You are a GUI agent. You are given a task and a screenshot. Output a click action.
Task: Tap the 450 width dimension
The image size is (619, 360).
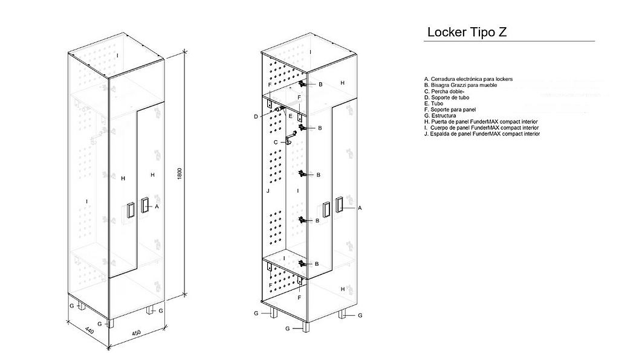pyautogui.click(x=137, y=334)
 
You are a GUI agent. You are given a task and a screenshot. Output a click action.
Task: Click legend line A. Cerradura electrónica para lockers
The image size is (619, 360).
pyautogui.click(x=468, y=79)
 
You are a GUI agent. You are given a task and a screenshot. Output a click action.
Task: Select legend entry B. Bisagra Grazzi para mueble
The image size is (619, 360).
pyautogui.click(x=461, y=85)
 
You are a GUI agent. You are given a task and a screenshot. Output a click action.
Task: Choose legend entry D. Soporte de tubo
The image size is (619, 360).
pyautogui.click(x=447, y=97)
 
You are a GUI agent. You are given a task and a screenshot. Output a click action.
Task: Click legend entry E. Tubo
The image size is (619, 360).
pyautogui.click(x=435, y=103)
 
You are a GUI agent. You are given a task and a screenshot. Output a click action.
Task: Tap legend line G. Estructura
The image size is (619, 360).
pyautogui.click(x=441, y=115)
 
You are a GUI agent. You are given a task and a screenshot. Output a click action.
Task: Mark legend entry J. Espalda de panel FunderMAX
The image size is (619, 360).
pyautogui.click(x=482, y=133)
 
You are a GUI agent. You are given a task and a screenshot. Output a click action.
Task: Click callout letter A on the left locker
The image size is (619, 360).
pyautogui.click(x=157, y=206)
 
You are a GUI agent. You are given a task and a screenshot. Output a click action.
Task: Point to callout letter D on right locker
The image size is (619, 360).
pyautogui.click(x=256, y=116)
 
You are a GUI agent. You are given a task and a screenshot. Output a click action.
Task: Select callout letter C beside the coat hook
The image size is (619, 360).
pyautogui.click(x=276, y=142)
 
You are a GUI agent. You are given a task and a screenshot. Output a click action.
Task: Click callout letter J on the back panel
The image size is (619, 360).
pyautogui.click(x=267, y=191)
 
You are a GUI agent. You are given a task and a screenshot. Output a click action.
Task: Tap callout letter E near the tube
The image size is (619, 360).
pyautogui.click(x=290, y=115)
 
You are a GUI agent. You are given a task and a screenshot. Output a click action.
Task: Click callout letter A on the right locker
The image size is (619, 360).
pyautogui.click(x=360, y=207)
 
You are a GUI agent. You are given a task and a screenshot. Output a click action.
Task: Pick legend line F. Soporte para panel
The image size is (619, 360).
pyautogui.click(x=450, y=109)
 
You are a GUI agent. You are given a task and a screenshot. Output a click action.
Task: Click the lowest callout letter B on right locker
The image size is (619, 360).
pyautogui.click(x=317, y=264)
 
